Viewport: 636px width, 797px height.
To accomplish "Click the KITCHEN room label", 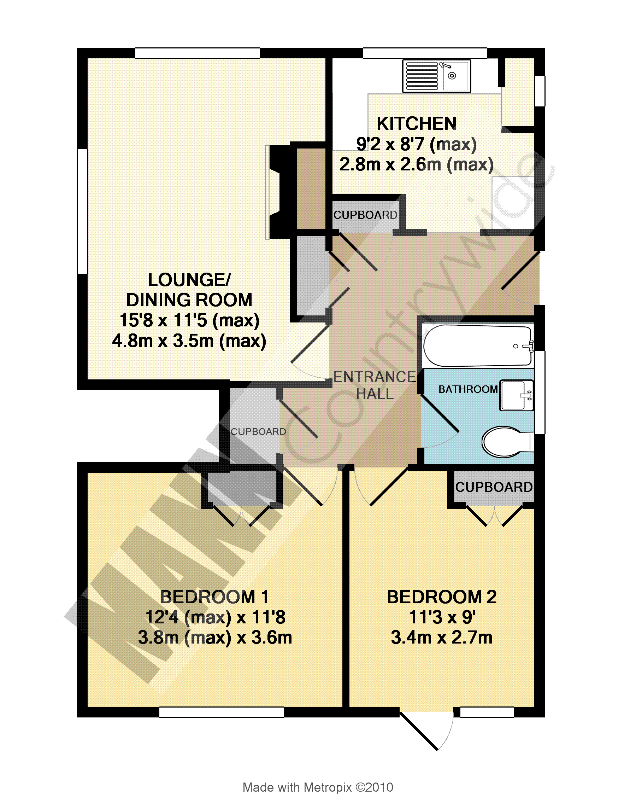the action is click(x=416, y=123).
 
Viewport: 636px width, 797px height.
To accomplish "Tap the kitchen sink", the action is click(x=437, y=76).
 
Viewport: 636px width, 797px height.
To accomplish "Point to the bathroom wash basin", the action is click(x=516, y=395).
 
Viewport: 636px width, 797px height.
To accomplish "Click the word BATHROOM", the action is click(x=468, y=389).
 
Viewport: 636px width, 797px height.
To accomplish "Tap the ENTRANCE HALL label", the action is click(x=375, y=385).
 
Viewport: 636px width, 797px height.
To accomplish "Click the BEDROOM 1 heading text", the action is click(x=214, y=597).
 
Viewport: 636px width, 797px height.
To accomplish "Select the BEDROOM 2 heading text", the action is click(x=442, y=597).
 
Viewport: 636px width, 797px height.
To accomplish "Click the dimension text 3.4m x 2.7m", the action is click(x=442, y=638).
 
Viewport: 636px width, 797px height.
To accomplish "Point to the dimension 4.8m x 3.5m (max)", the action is click(x=189, y=341).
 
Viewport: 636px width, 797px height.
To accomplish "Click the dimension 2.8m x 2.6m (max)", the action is click(x=416, y=164).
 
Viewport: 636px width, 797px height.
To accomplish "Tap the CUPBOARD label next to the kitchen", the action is click(x=365, y=215).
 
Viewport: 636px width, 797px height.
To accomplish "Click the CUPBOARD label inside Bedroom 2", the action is click(x=494, y=487).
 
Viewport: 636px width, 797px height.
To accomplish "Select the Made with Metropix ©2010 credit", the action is click(x=318, y=787).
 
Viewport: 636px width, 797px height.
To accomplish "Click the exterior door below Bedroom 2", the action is click(x=426, y=731).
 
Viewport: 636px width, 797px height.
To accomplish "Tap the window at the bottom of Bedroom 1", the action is click(x=221, y=712).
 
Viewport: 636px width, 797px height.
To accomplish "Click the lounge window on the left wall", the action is click(x=82, y=211).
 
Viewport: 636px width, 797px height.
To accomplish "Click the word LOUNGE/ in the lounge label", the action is click(x=189, y=280).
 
